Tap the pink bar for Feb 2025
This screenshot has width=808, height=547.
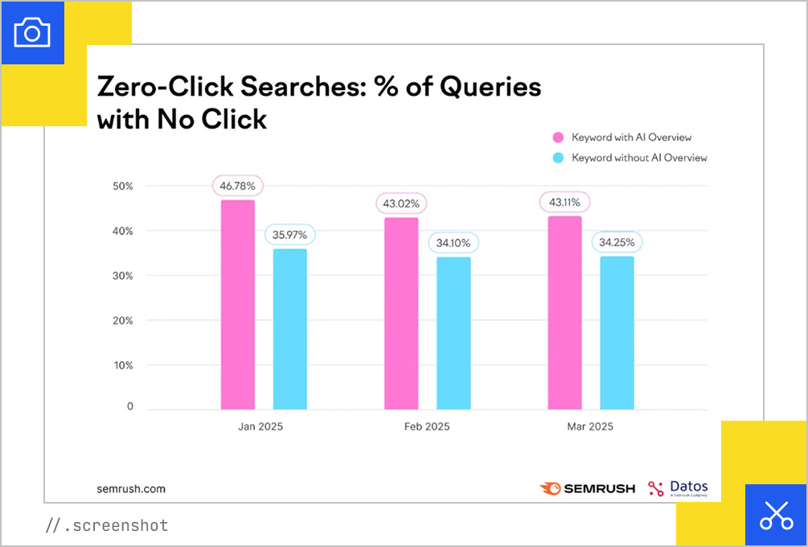(401, 313)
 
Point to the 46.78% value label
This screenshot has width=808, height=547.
(238, 186)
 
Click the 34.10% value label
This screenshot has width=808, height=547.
(453, 243)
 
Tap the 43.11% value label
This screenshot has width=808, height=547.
(565, 202)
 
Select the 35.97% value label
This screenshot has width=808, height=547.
(290, 235)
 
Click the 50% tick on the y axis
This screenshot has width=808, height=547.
(122, 186)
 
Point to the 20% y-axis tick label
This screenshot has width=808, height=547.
(122, 320)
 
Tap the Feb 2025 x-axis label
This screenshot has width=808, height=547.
(427, 426)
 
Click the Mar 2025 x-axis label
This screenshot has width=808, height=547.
(590, 426)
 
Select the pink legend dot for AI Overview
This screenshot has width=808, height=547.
(558, 138)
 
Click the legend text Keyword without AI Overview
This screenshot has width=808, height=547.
(639, 158)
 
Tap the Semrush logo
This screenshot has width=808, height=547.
(588, 488)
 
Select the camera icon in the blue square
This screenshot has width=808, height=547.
(32, 32)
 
